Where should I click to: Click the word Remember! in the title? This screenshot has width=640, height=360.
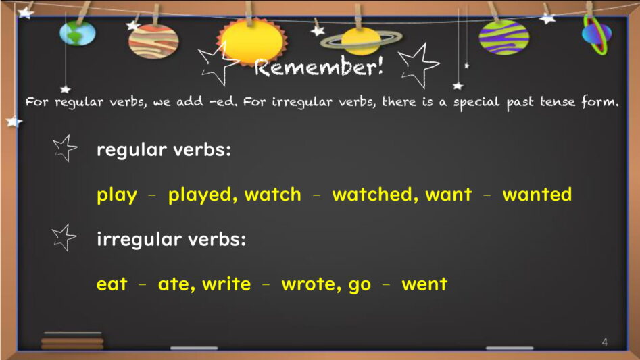tap(319, 67)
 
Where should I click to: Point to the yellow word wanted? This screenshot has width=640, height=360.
tap(537, 195)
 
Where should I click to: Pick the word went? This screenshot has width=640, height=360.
tap(424, 284)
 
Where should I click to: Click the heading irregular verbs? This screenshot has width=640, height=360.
tap(172, 239)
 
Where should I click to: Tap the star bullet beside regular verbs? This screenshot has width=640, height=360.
tap(65, 149)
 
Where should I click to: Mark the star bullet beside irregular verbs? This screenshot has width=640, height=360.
tap(64, 237)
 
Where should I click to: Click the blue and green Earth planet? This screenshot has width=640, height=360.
tap(78, 32)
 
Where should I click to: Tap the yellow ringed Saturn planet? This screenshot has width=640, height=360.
tap(361, 41)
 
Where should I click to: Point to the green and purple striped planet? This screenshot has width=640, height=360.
tap(504, 37)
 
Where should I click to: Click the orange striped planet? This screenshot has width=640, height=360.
tap(153, 41)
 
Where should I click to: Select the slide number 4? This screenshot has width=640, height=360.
tap(604, 342)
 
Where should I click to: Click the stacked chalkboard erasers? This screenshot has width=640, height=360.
tap(72, 341)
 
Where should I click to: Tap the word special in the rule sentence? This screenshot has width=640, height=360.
tap(476, 103)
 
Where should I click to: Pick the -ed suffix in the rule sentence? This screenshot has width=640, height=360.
tap(223, 101)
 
